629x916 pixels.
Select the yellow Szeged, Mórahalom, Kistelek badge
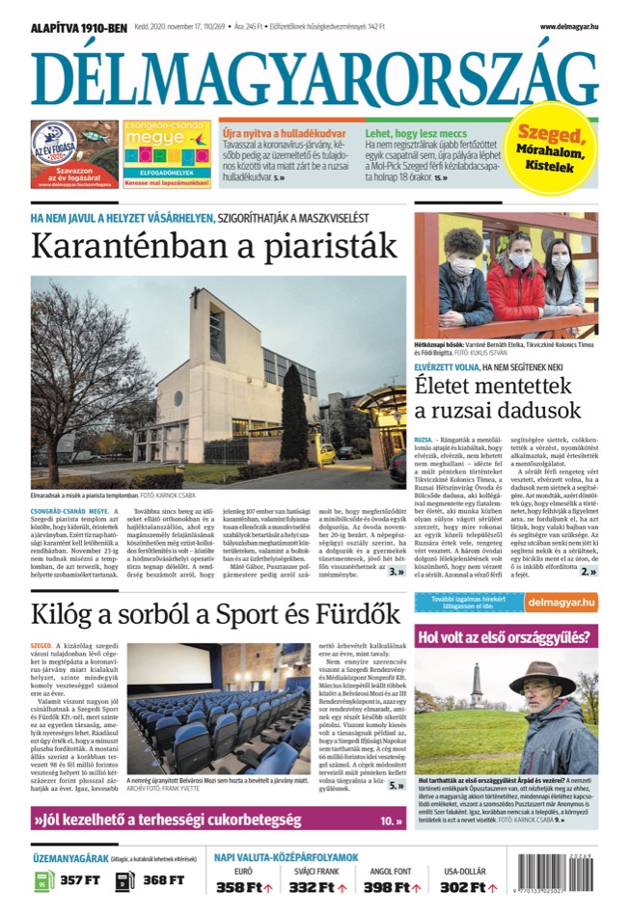point(551,152)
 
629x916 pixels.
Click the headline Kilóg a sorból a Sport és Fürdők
point(216,613)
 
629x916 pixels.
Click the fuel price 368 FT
point(163,880)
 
